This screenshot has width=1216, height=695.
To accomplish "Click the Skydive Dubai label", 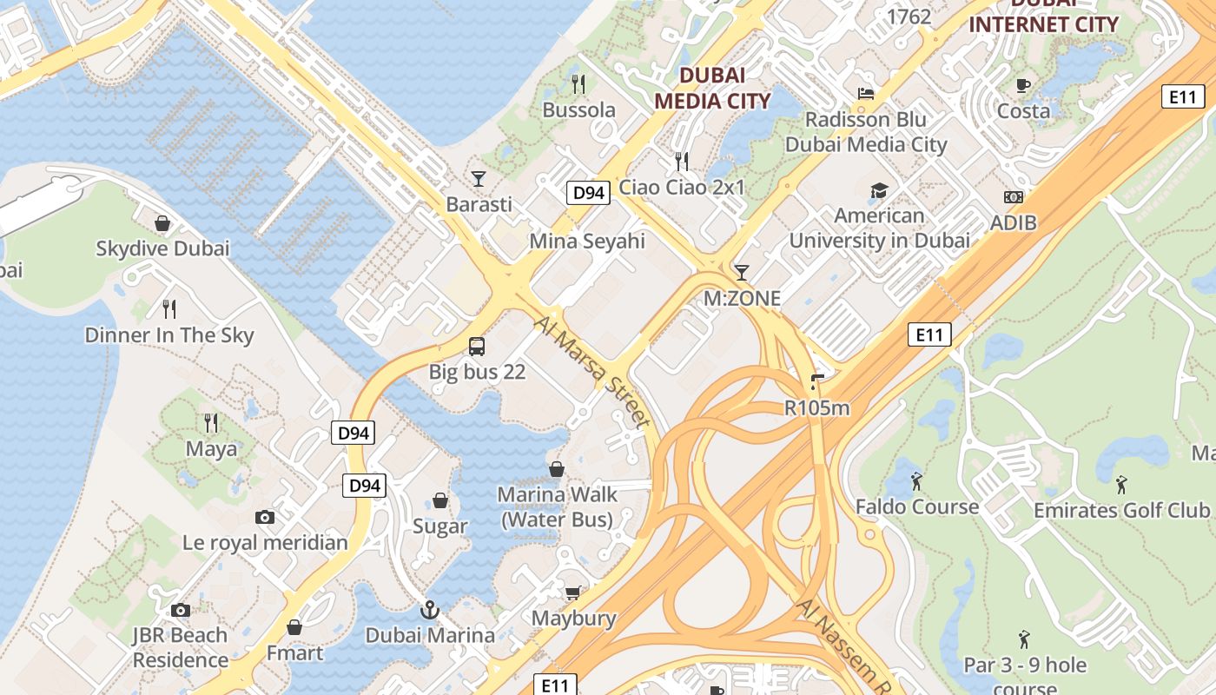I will tap(162, 248).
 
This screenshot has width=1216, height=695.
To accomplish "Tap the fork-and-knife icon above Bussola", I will tap(578, 83).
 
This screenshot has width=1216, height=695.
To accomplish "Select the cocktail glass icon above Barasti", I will tap(479, 179).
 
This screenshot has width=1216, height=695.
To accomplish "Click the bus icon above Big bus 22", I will tap(477, 347).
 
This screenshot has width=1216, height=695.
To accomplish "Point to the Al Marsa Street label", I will tap(592, 372).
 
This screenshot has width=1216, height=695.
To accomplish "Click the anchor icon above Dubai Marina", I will tap(430, 610).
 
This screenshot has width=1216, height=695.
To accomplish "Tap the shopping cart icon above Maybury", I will tap(573, 593).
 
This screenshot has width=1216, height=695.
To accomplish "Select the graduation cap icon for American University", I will tap(879, 190).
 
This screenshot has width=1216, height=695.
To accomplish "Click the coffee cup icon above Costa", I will tap(1023, 85).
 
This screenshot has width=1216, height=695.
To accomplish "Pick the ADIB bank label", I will tap(1014, 222).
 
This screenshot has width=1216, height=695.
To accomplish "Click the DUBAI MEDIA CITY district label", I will tap(712, 88).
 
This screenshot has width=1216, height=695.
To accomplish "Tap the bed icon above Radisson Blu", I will tap(866, 94).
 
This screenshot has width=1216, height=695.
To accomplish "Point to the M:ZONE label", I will tap(742, 299).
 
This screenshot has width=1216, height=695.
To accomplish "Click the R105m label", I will tap(816, 407).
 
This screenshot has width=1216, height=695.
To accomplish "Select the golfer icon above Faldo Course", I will tap(916, 480).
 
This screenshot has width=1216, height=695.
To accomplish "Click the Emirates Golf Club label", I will tap(1120, 510).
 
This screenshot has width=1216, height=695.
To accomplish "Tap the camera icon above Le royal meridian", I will tap(265, 518).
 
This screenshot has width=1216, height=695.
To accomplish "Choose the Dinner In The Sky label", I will tap(169, 335).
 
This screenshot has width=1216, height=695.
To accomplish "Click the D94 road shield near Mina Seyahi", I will tap(588, 193).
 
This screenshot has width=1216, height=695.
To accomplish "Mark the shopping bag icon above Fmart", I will tap(294, 627).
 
